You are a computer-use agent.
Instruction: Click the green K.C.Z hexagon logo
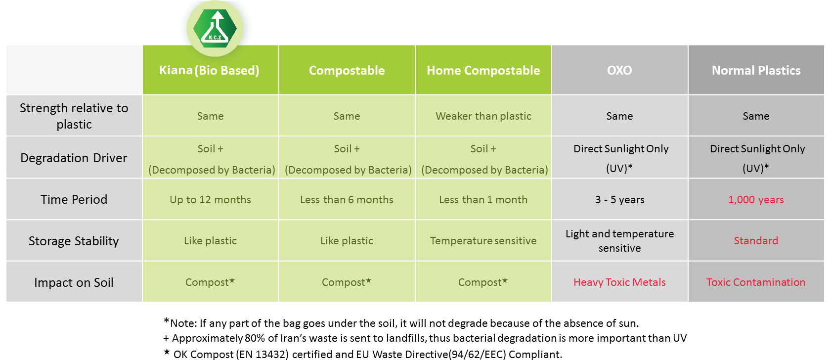click(x=215, y=28)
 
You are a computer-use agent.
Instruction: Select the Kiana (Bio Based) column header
click(x=209, y=70)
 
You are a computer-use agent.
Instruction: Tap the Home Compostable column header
click(x=483, y=70)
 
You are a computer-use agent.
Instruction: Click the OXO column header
click(x=619, y=70)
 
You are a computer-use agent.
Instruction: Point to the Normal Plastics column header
click(x=756, y=70)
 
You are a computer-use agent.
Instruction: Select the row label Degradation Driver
click(x=74, y=158)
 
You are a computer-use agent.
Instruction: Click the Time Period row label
click(x=74, y=199)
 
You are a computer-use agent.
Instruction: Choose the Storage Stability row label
click(x=74, y=241)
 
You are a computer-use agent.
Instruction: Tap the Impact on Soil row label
click(x=74, y=282)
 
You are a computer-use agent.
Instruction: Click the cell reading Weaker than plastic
click(x=483, y=116)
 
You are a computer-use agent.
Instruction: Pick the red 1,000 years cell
click(x=756, y=200)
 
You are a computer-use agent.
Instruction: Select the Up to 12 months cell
click(x=211, y=200)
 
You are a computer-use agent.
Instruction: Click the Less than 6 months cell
click(x=347, y=200)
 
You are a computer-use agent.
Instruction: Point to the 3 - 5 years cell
click(x=619, y=200)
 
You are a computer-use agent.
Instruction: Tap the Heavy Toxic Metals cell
click(x=619, y=282)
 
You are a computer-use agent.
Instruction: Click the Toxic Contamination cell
click(x=756, y=282)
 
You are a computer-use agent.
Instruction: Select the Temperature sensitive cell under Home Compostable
click(x=483, y=241)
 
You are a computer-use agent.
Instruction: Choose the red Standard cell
click(x=756, y=241)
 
